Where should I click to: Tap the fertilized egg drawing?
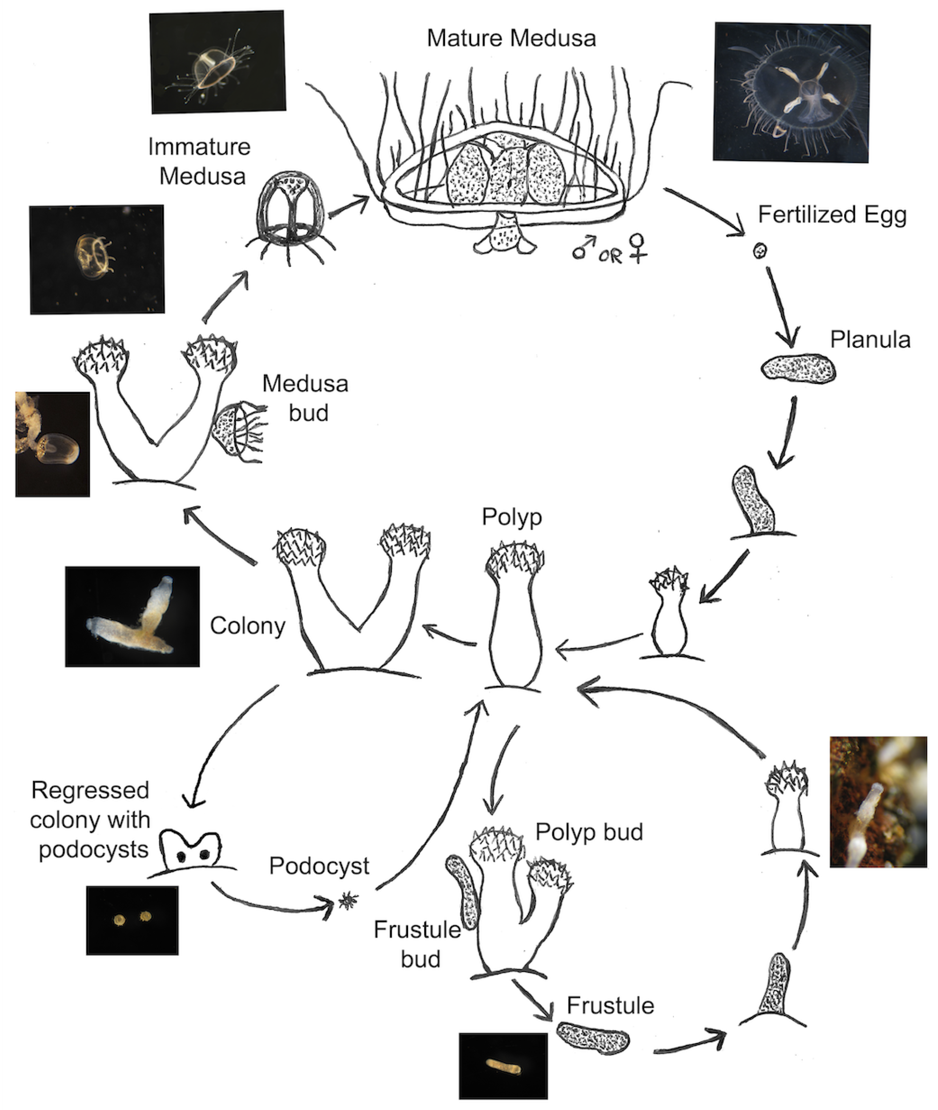[x=760, y=251]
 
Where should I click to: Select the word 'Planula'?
[x=870, y=340]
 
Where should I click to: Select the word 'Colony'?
[x=248, y=626]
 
